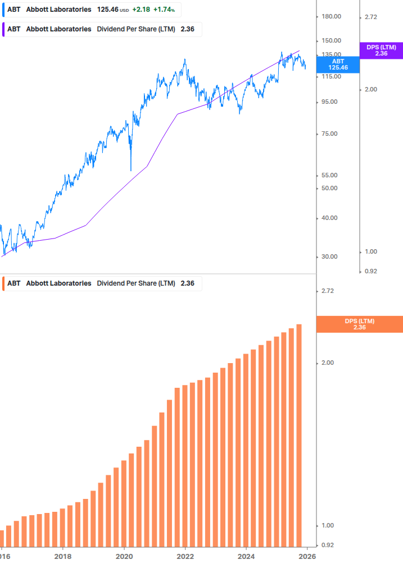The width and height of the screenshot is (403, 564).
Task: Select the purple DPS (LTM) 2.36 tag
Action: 381,51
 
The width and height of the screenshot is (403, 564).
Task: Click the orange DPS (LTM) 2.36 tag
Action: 359,324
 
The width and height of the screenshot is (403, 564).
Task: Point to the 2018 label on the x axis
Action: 63,557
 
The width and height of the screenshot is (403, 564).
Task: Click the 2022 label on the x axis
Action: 185,557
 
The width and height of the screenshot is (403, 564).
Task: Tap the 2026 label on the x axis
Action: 306,557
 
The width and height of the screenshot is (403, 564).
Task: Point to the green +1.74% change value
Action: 164,10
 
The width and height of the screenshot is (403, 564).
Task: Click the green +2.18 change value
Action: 141,10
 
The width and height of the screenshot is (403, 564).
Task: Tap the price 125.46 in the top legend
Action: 107,10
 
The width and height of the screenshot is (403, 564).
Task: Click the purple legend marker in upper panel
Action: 3,29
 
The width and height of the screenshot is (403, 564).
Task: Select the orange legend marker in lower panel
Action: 3,283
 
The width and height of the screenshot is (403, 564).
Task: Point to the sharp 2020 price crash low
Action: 131,170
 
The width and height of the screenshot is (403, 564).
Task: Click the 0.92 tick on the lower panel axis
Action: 327,545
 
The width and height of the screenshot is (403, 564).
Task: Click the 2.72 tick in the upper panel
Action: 371,17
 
